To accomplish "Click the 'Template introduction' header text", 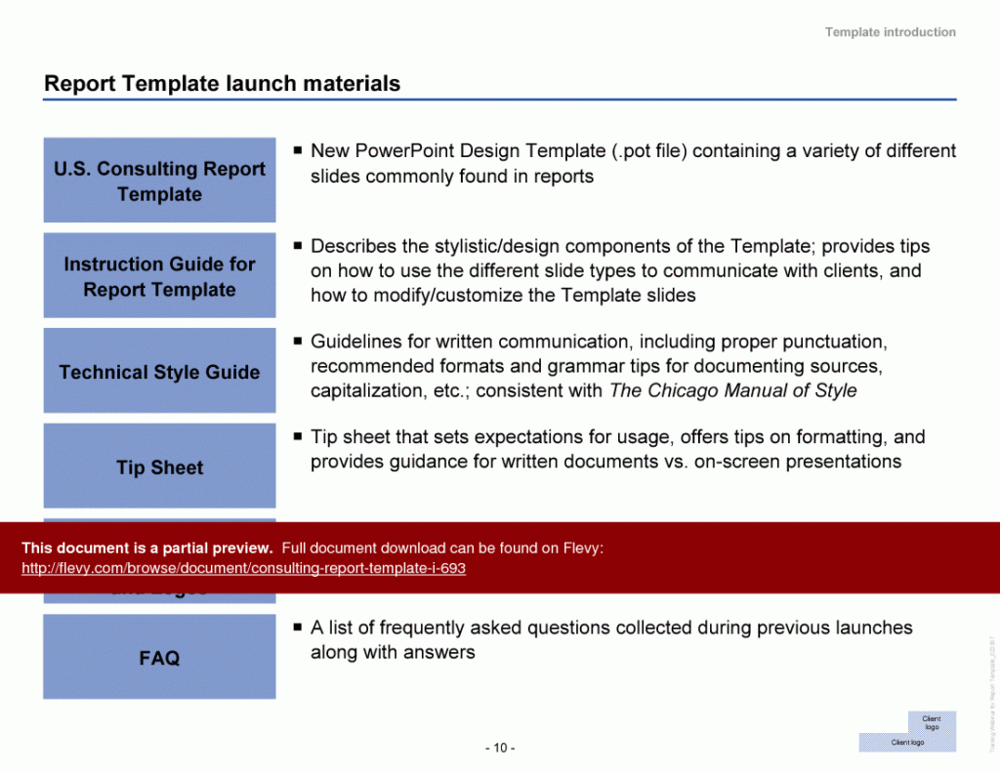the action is pos(890,32).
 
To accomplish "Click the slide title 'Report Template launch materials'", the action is pos(222,84).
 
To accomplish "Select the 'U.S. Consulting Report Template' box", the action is pos(159,181).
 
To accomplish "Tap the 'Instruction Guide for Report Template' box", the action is pos(159,276).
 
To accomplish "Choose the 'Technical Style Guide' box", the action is pos(159,372).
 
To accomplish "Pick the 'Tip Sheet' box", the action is pos(159,467).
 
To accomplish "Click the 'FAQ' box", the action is pos(159,658).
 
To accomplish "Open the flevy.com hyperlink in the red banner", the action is pos(243,568).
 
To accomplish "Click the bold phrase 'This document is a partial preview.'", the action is pos(146,548).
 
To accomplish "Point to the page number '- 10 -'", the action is pos(500,748).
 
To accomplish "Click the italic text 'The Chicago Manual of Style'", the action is pos(732,390).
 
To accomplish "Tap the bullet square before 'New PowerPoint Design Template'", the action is pos(297,151).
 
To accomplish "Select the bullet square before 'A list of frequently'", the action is pos(297,628).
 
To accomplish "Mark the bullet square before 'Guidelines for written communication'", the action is pos(297,342).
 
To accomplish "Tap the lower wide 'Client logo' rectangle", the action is pos(907,743).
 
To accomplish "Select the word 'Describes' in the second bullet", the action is pos(349,246).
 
